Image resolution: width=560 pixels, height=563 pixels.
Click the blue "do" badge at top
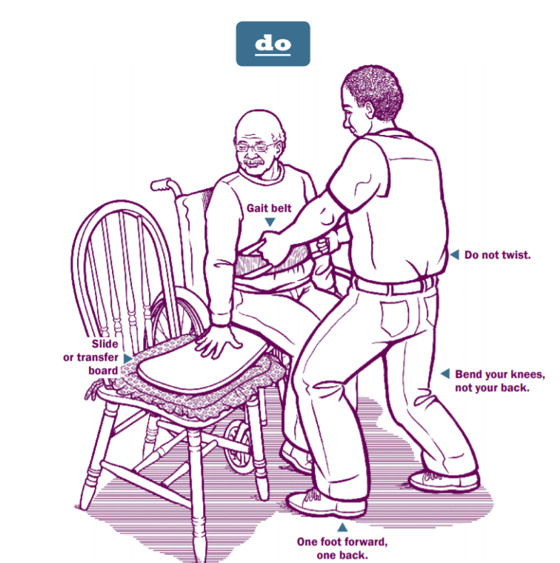[273, 44]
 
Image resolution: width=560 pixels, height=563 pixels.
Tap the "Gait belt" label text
[270, 208]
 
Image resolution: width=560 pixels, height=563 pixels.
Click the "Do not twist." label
[497, 255]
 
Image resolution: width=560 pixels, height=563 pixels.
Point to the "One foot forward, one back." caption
[342, 547]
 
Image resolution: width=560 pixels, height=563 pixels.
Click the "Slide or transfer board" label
[90, 357]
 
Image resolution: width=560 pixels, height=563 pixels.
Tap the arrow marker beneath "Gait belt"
[270, 221]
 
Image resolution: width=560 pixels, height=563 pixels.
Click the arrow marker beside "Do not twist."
[454, 254]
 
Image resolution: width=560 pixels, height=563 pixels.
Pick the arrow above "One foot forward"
[342, 527]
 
